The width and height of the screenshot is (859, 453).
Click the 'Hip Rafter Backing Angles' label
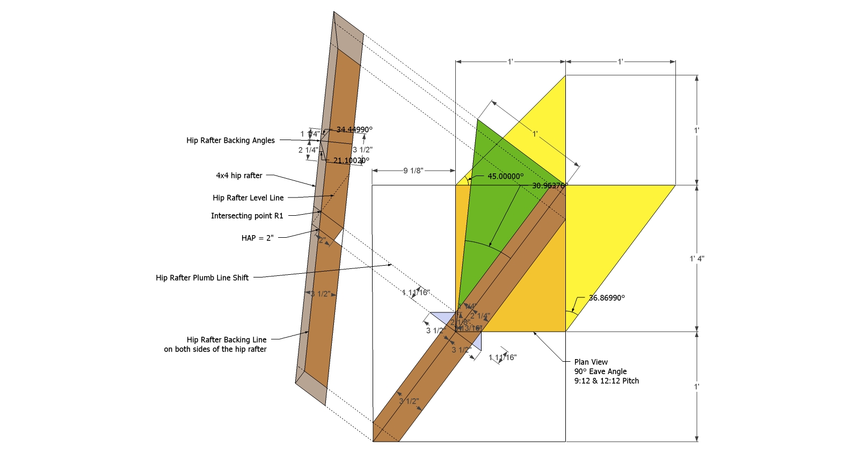point(230,141)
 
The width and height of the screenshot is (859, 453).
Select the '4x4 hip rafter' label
point(239,176)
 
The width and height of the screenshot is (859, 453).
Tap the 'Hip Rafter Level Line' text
point(248,198)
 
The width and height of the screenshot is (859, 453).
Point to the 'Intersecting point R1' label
point(247,216)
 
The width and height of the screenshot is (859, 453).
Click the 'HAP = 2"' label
point(257,238)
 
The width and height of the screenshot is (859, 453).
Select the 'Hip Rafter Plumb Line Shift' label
point(202,278)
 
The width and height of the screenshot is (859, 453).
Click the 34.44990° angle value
point(354,129)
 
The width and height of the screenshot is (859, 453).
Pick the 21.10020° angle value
point(351,160)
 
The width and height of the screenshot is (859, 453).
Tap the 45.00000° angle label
point(505,176)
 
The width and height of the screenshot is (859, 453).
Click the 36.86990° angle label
point(607,298)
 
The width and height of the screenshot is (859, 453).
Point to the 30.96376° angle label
point(549,186)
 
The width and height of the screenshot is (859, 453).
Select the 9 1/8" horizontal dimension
point(413,171)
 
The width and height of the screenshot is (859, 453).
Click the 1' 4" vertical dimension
point(697,259)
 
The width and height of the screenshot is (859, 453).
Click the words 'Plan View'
point(591,362)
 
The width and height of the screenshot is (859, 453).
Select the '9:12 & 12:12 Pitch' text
point(607,381)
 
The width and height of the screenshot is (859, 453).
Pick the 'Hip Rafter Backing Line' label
point(227,340)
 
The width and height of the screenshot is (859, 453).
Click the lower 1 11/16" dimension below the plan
point(503,357)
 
